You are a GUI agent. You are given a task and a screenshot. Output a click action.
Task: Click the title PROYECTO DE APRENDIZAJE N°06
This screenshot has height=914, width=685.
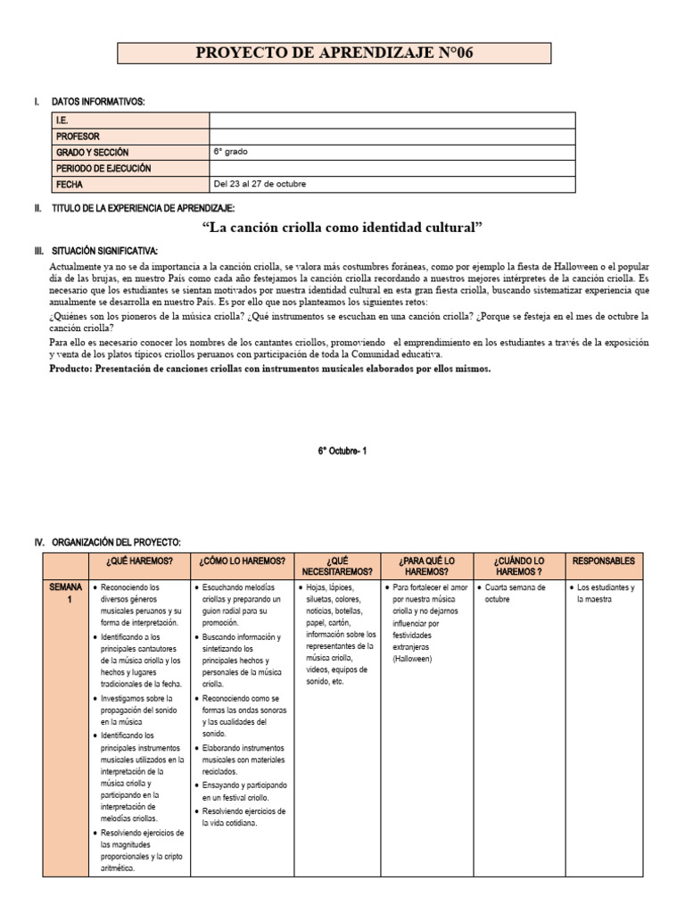pos(334,54)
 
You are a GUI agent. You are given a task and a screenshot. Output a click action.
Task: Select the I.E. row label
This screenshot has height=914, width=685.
pos(62,120)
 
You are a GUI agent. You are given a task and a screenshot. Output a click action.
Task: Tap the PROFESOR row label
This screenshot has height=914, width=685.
pos(78,137)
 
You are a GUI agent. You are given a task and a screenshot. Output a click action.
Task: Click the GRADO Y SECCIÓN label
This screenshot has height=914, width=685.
pos(93,153)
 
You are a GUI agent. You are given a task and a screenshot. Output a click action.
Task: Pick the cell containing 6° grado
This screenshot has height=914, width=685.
pos(230,153)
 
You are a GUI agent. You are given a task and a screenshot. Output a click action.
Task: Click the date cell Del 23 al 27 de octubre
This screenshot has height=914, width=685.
pos(259,184)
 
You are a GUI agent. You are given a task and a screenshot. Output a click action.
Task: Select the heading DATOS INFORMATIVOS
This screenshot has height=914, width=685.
pos(98,102)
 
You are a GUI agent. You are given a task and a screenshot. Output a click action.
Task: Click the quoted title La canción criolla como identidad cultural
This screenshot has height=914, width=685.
pos(342,228)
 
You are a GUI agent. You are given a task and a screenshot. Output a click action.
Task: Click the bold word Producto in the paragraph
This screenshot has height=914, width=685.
pos(76,368)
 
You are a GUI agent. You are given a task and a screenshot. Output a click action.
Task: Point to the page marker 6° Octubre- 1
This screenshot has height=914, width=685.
pos(342,451)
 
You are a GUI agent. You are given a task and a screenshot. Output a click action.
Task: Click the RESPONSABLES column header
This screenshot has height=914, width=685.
pos(604,561)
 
